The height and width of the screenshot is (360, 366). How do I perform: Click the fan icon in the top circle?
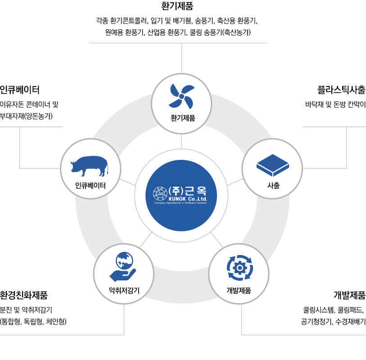[x=181, y=96]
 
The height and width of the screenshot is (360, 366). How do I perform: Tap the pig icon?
[x=90, y=166]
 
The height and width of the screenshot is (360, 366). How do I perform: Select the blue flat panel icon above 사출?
[x=273, y=165]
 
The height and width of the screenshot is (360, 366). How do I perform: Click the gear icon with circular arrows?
[x=239, y=268]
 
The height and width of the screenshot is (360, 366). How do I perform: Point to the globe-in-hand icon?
[x=123, y=267]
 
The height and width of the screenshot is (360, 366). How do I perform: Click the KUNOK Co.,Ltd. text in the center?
[x=188, y=199]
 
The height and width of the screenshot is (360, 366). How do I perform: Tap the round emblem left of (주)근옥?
[x=160, y=193]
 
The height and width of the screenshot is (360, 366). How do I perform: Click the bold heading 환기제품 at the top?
[x=177, y=6]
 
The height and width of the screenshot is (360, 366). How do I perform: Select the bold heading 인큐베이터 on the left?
[x=20, y=90]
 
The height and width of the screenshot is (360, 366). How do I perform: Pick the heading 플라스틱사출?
[x=341, y=90]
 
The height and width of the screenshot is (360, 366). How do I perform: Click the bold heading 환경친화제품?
[x=23, y=295]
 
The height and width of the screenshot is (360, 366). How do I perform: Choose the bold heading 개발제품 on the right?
[x=349, y=295]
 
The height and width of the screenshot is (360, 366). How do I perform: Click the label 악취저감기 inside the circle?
[x=124, y=290]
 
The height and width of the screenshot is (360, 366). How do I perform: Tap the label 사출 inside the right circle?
[x=273, y=186]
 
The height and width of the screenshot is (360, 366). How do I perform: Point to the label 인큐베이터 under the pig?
[x=90, y=186]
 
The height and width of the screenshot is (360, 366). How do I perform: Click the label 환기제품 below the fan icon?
[x=183, y=118]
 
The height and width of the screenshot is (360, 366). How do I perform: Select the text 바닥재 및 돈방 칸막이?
[x=335, y=105]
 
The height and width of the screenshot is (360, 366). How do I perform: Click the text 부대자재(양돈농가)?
[x=26, y=116]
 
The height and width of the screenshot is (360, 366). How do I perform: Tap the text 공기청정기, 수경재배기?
[x=333, y=322]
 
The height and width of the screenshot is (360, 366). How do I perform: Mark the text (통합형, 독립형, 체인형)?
[x=33, y=322]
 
